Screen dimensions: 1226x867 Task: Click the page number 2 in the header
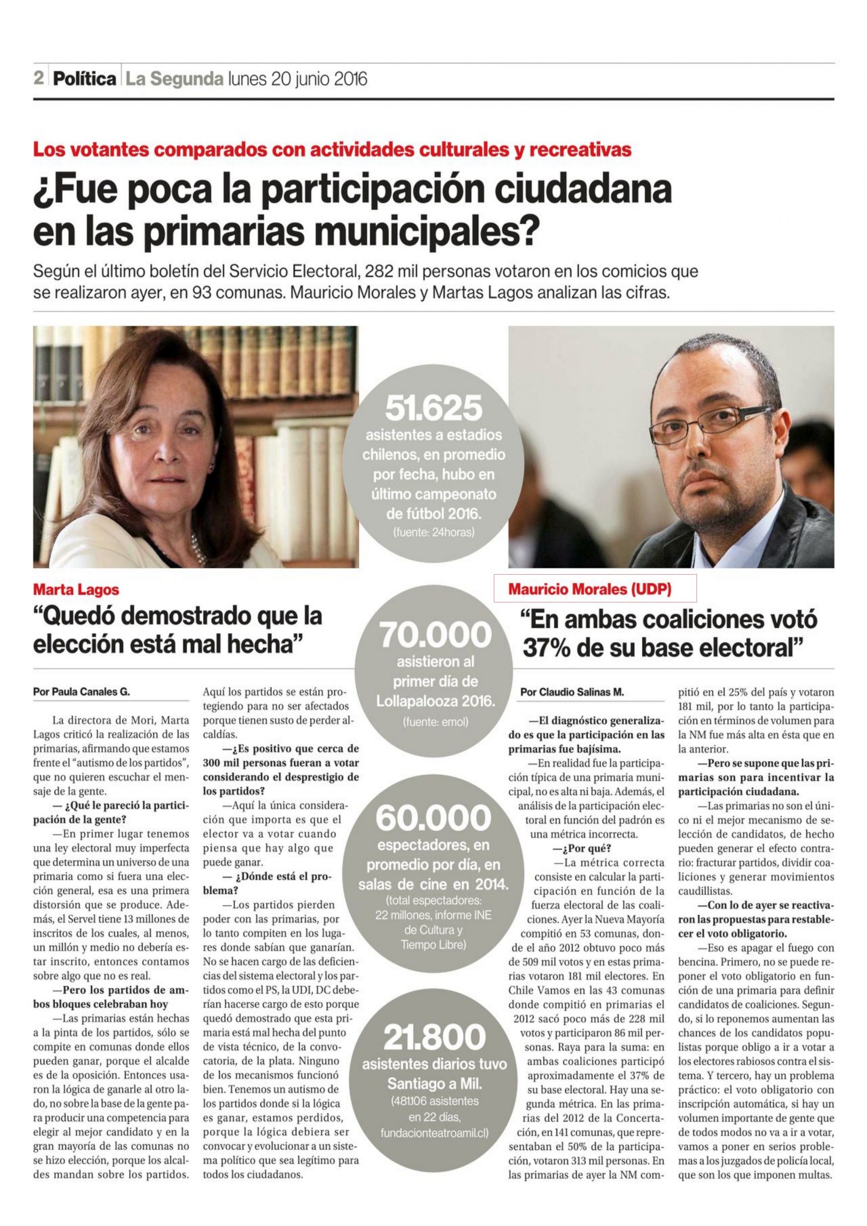[38, 79]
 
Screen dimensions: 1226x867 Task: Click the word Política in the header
[84, 79]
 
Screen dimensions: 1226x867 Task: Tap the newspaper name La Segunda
[173, 79]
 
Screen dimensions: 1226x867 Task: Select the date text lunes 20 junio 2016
[297, 79]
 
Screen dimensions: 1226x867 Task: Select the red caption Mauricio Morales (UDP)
[590, 590]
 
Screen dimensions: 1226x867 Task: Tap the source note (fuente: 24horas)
[433, 533]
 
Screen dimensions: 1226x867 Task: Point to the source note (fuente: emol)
[436, 723]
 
